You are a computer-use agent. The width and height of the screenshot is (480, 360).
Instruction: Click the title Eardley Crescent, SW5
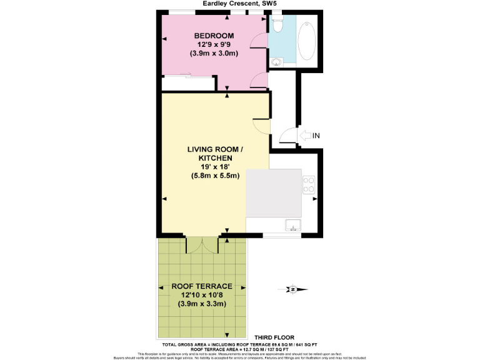point(239,4)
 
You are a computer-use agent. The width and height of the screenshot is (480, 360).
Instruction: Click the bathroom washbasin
point(276,62)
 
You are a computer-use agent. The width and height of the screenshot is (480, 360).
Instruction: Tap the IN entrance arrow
point(306,135)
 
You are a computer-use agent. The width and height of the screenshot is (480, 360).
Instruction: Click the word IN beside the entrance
point(317,136)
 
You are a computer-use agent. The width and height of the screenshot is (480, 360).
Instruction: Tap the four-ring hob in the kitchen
point(309,184)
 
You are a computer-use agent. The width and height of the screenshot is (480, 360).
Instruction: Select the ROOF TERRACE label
point(197,286)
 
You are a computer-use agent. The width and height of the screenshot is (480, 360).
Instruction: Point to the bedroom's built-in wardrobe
point(186,83)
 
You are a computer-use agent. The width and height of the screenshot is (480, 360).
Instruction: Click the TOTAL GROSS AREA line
point(239,344)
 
